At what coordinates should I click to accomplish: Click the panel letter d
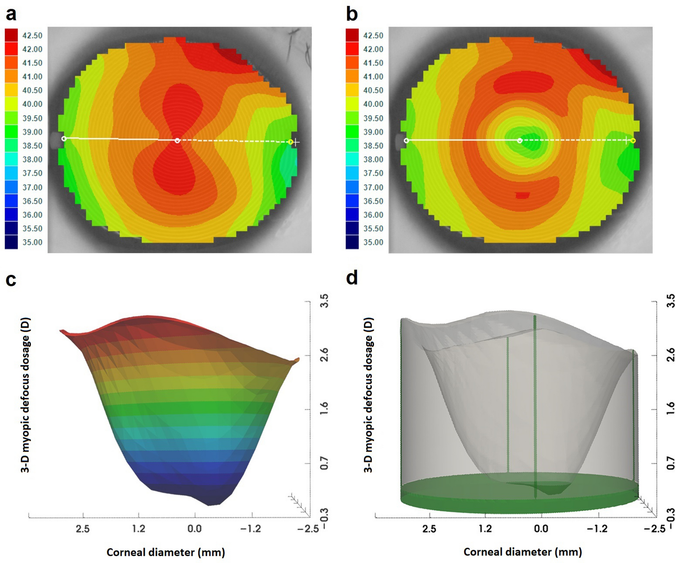pos(352,277)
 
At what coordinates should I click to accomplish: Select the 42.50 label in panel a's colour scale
pos(32,35)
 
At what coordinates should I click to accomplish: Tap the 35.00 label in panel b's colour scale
pos(373,242)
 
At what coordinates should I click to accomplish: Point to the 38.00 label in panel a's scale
pos(32,159)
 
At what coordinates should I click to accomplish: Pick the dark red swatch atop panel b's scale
pos(352,35)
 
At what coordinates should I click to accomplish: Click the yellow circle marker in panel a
pos(291,142)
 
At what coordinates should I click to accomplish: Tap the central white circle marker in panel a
pos(177,140)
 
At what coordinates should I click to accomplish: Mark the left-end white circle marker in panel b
pos(406,140)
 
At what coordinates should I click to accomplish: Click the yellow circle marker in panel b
pos(633,140)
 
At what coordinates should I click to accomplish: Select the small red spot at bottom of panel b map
pos(522,195)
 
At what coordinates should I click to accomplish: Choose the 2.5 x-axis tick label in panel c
pos(83,529)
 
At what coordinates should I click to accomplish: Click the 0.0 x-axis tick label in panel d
pos(541,529)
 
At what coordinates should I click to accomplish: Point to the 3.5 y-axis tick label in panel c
pos(324,300)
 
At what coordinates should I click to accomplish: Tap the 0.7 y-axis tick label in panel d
pos(670,463)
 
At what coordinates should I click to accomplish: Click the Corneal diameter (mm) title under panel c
pos(166,552)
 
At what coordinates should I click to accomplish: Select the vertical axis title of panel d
pos(368,395)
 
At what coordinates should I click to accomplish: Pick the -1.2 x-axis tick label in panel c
pos(250,529)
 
